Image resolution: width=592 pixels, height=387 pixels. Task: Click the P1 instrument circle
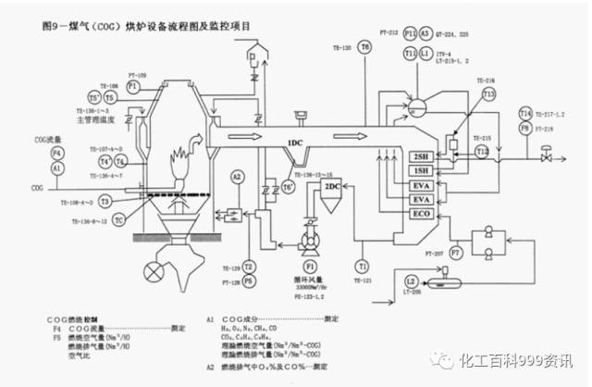coord(133,85)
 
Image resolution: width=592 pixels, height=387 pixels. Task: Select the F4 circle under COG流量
coord(56,153)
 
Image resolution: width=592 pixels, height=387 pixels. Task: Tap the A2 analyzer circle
coord(237,176)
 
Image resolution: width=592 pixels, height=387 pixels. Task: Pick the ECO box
coord(423,214)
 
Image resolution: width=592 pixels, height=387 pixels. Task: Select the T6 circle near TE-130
coord(365,46)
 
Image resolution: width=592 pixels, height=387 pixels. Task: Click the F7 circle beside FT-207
coord(456,251)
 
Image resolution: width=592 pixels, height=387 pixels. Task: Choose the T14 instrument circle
coord(524,113)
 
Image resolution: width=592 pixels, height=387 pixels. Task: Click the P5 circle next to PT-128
coord(248,279)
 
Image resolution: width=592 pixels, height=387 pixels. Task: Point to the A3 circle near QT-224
coord(425,33)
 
